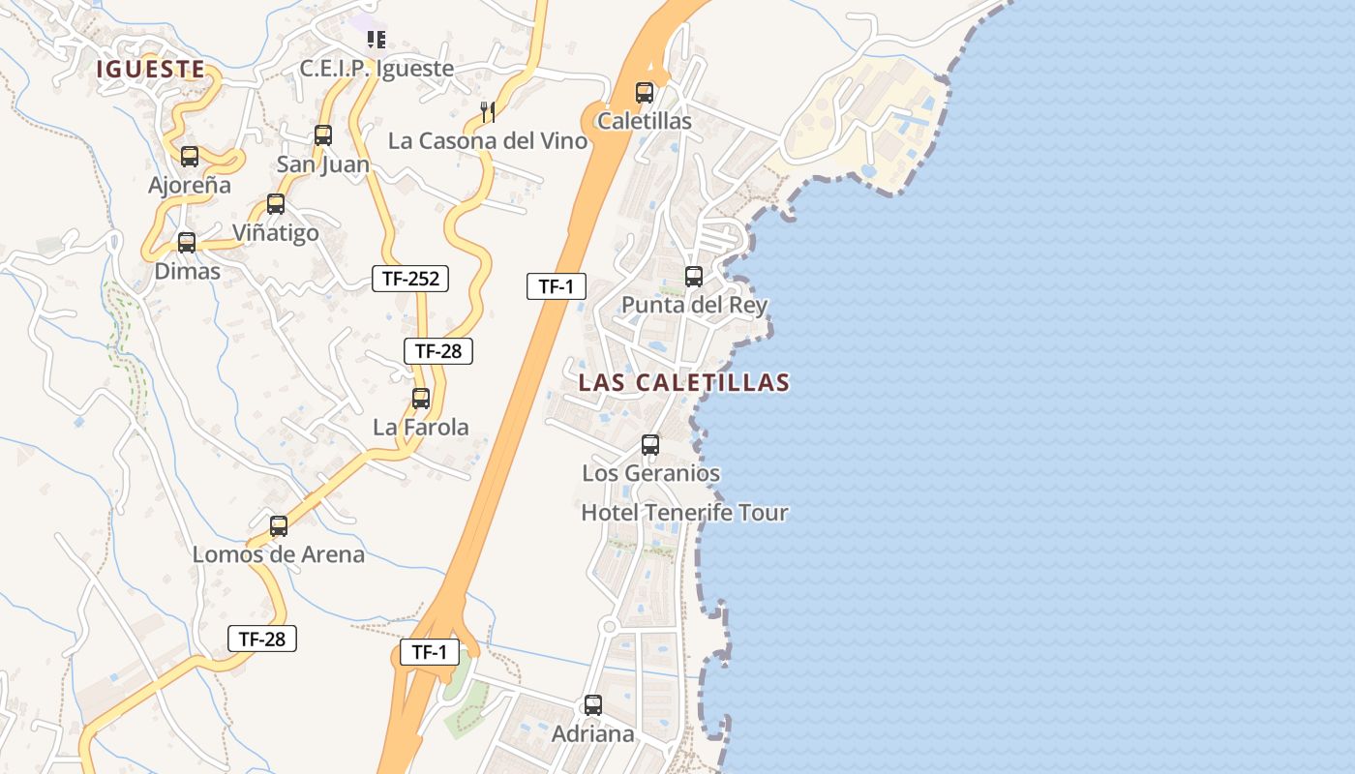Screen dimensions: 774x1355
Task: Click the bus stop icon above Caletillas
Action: [645, 93]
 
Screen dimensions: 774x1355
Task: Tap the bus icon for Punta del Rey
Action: [694, 277]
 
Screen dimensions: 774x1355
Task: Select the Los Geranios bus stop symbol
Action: [650, 445]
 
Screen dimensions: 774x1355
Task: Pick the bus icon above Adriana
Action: [593, 705]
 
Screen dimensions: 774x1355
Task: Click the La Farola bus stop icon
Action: [421, 398]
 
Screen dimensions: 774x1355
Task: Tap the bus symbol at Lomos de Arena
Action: [279, 526]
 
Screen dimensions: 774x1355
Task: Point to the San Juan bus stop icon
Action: [323, 135]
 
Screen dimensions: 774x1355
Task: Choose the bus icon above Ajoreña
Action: [190, 156]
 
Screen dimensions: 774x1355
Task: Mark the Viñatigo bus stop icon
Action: [276, 204]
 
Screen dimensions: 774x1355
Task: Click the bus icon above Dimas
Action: [187, 243]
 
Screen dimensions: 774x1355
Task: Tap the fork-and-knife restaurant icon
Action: [488, 112]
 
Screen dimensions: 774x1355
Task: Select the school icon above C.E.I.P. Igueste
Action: [376, 40]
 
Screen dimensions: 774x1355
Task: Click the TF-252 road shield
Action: [410, 279]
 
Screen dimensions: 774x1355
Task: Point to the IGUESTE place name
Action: [150, 69]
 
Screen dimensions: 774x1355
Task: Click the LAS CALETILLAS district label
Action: [683, 382]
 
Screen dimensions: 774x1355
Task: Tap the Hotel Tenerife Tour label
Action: [684, 513]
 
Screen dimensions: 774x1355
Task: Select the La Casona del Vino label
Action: [488, 141]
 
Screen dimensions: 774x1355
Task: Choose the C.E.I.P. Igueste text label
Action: [376, 69]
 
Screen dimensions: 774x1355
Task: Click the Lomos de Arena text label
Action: [279, 554]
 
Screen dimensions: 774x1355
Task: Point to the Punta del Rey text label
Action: [694, 305]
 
